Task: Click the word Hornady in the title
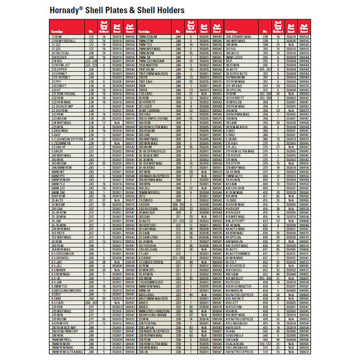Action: pos(65,10)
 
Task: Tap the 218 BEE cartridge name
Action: pos(54,60)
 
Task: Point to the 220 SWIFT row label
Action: pos(56,85)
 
